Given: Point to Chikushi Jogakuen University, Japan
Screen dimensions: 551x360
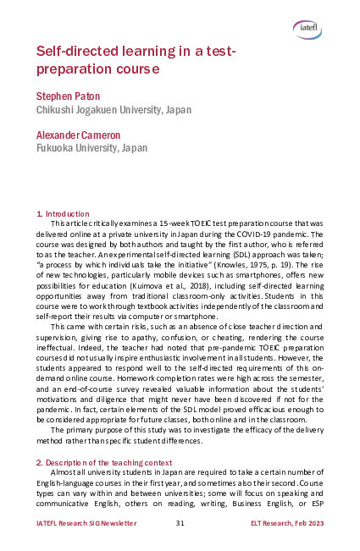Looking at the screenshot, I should click(x=114, y=110).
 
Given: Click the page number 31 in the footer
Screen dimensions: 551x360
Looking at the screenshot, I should click(x=180, y=524).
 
